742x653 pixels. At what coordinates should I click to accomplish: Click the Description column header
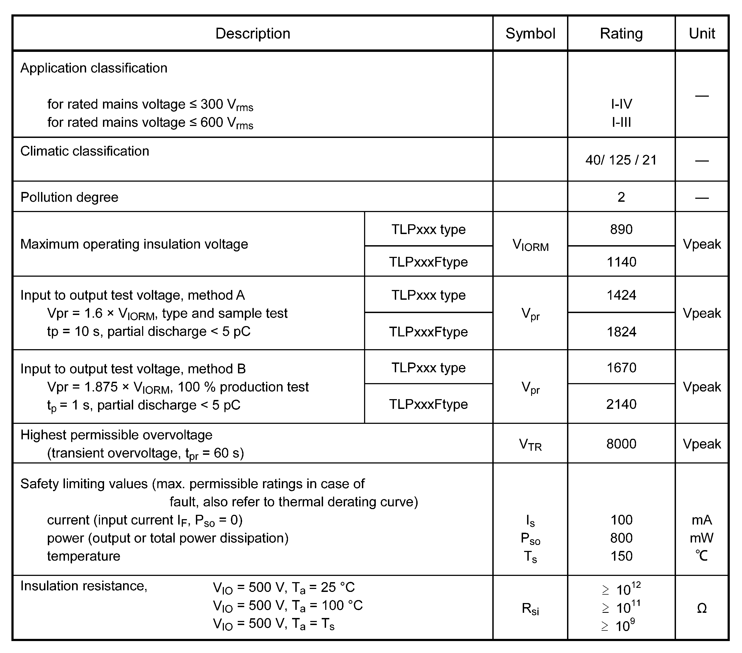coord(253,33)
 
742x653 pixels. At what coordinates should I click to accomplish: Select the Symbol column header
coord(530,33)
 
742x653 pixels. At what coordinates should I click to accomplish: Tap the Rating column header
coord(621,33)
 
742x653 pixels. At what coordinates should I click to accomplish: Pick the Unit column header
coord(702,33)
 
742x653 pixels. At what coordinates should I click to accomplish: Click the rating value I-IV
coord(621,104)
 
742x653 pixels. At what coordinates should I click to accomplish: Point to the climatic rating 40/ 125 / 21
coord(621,160)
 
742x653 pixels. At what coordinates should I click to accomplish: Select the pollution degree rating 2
coord(621,197)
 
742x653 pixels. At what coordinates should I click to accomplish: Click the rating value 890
coord(621,229)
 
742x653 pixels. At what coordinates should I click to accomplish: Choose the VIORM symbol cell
coord(530,245)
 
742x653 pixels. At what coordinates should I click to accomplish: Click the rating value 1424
coord(621,295)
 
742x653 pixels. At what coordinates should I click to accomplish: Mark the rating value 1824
coord(621,332)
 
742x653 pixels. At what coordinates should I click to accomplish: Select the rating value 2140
coord(621,404)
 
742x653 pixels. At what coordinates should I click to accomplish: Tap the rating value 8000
coord(621,444)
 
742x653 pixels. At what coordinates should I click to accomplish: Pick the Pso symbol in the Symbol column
coord(530,539)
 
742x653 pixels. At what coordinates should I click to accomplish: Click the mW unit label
coord(702,538)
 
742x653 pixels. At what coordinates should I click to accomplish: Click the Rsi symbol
coord(530,609)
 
